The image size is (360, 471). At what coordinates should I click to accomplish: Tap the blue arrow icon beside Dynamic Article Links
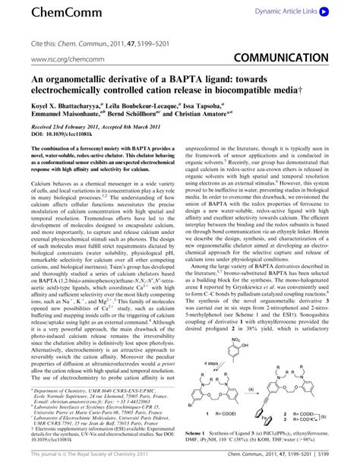(325, 12)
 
